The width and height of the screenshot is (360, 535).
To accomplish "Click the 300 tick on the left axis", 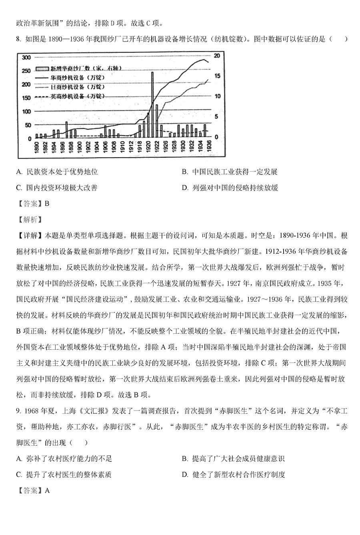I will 26,58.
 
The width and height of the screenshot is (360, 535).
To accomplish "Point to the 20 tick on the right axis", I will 216,56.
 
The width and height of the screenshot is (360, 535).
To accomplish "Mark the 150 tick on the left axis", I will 26,98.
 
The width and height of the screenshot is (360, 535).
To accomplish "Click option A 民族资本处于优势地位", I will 57,172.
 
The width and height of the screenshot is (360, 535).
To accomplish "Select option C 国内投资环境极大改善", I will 57,187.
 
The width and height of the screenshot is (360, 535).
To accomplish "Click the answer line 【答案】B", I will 32,203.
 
